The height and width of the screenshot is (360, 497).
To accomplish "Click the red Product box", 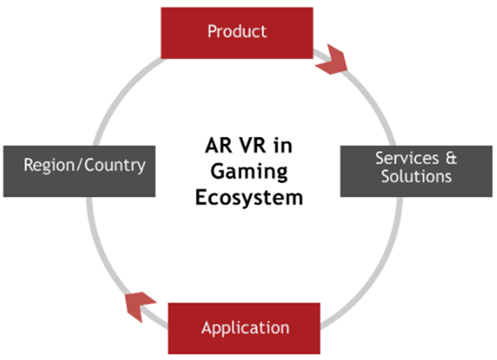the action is click(237, 33).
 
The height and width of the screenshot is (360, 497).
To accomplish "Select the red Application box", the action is click(244, 328).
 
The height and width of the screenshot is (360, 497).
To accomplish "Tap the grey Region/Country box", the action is click(79, 171).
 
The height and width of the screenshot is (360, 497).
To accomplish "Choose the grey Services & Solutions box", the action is click(416, 171).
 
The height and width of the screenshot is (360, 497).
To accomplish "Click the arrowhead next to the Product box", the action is click(332, 60).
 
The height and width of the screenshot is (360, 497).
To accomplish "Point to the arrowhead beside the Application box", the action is click(139, 305).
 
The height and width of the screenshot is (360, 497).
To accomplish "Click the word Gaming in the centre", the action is click(249, 173).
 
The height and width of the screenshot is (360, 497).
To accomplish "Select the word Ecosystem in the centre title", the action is click(249, 198).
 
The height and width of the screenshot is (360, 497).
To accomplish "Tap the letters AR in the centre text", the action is click(218, 145).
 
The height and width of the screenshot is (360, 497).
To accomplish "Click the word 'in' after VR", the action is click(283, 145).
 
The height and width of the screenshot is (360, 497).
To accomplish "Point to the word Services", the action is click(407, 158).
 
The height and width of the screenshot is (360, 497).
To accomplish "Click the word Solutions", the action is click(416, 176).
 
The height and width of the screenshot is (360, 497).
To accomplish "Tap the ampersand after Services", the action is click(451, 158).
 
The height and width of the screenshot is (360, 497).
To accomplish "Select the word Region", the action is click(49, 165).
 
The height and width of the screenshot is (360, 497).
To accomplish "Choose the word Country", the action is click(115, 165).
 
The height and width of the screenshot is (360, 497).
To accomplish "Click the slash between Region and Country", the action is click(79, 165).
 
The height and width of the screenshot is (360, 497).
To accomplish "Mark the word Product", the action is click(237, 32).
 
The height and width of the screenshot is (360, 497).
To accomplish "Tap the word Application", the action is click(245, 328).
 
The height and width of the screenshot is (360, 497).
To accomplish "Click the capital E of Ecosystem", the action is click(201, 198).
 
